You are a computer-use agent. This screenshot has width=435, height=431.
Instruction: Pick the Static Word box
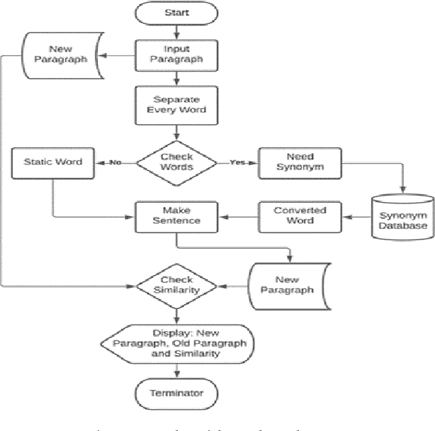(x=53, y=162)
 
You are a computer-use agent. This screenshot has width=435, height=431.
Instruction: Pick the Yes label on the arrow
(x=237, y=162)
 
